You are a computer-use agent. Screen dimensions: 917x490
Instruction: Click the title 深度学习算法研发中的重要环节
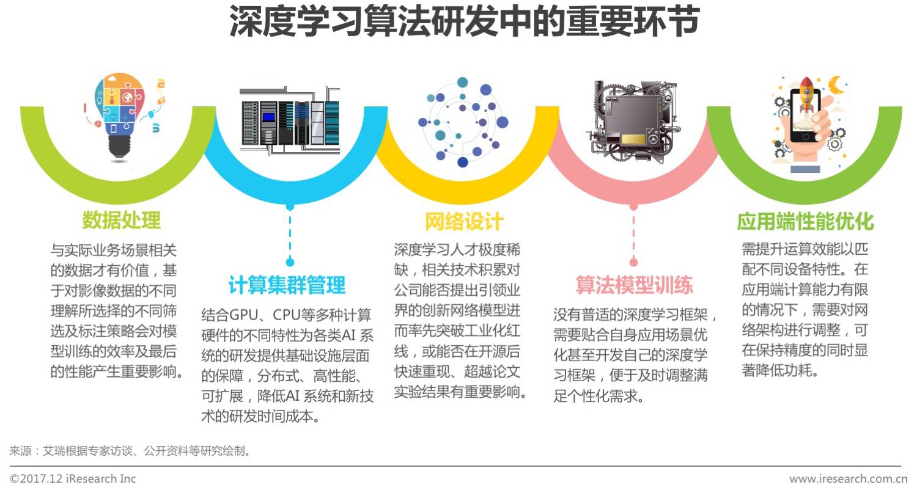pos(464,21)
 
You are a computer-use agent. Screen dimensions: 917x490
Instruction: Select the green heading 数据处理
pos(122,221)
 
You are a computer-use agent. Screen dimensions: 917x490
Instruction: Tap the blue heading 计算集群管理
pos(287,285)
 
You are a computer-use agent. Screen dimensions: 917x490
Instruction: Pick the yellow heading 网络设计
pos(464,222)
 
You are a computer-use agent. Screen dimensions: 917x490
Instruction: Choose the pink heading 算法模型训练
pos(634,285)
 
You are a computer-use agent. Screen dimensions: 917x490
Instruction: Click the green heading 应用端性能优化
pos(805,222)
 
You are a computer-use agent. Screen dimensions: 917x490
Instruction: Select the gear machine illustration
pos(633,122)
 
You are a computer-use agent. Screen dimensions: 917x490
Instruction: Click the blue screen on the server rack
pos(268,117)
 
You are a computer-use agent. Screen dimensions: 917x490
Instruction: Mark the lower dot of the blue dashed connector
pos(290,262)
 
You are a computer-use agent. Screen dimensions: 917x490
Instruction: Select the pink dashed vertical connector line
pos(634,235)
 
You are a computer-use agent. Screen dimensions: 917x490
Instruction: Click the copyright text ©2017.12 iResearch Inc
pos(73,478)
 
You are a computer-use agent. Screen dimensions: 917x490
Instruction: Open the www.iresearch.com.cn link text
pos(849,478)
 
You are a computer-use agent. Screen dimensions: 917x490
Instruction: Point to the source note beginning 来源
pos(130,451)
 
